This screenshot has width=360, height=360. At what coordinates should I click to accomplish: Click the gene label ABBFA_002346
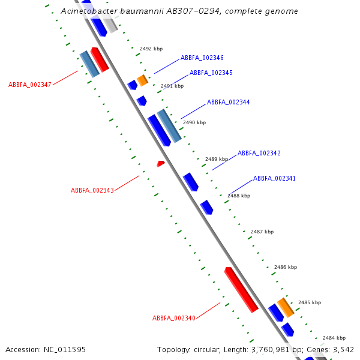click(202, 58)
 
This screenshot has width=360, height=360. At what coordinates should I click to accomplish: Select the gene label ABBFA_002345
click(211, 73)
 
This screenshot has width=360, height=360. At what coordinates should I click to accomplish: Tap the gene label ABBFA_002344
click(229, 103)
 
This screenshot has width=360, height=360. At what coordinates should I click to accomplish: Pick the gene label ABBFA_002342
click(259, 154)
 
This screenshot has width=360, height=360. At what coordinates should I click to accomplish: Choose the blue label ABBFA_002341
click(274, 179)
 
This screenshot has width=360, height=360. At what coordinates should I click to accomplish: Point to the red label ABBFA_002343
click(92, 191)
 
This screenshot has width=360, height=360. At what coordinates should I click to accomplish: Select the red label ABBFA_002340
click(174, 318)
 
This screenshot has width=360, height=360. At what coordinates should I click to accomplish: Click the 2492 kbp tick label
click(151, 49)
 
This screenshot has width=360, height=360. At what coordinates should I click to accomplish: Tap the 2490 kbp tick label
click(194, 122)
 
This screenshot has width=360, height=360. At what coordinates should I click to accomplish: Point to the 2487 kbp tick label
click(262, 232)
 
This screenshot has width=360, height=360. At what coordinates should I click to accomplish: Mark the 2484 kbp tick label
click(334, 338)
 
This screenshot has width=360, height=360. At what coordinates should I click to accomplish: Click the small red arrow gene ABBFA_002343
click(160, 163)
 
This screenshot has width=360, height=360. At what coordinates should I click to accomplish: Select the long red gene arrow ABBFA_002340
click(241, 290)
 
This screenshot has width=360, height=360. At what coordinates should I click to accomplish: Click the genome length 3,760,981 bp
click(277, 349)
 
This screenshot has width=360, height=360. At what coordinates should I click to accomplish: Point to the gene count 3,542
click(343, 349)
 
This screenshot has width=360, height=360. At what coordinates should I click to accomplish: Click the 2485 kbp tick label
click(310, 303)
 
